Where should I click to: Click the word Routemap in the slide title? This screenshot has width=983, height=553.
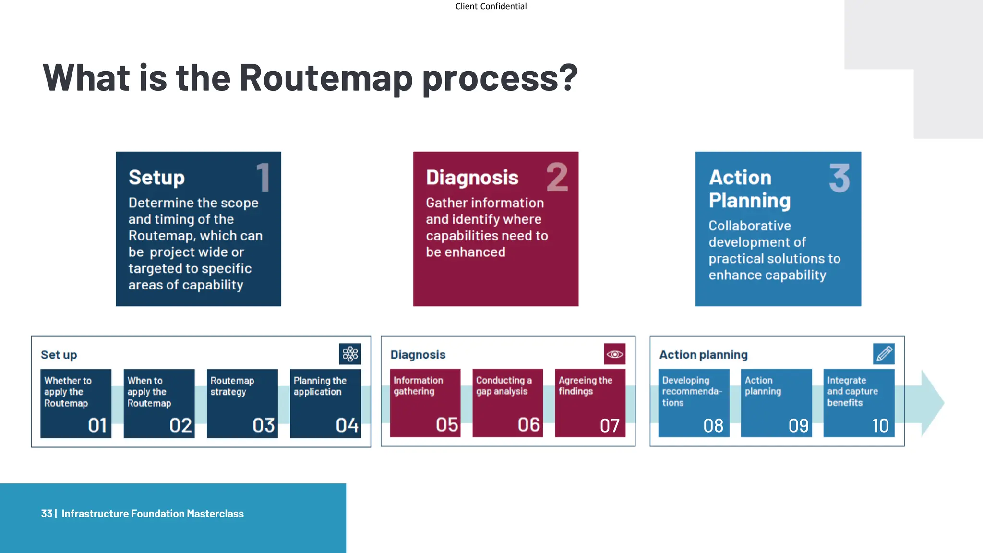[x=325, y=78]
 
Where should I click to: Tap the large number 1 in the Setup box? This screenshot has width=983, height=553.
[x=263, y=177]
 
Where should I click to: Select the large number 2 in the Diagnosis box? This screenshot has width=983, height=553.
[x=557, y=177]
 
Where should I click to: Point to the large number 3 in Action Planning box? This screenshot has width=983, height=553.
[x=839, y=178]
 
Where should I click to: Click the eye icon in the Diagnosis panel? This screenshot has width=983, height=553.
[x=614, y=354]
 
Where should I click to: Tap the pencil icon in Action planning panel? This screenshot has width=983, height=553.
[x=884, y=354]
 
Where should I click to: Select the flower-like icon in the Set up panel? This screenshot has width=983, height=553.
[x=350, y=354]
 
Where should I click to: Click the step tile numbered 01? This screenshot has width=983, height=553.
[x=76, y=403]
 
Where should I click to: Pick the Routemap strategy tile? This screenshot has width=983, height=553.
[x=242, y=403]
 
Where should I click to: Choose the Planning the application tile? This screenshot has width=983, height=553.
[x=325, y=403]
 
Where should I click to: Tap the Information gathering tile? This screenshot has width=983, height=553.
[x=425, y=403]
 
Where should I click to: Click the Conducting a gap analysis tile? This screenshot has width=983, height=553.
[x=507, y=403]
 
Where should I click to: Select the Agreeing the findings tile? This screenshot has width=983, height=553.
[x=590, y=403]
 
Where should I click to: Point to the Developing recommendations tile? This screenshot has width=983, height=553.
[x=694, y=403]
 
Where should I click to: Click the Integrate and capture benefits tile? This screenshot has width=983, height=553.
[x=859, y=403]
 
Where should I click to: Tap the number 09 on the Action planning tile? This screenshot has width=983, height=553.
[x=798, y=425]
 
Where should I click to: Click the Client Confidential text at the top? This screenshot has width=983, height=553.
[x=491, y=6]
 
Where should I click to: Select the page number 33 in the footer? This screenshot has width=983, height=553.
[x=47, y=514]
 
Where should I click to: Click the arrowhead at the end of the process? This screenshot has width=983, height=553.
[x=932, y=403]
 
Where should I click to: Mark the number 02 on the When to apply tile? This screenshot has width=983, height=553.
[x=180, y=425]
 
